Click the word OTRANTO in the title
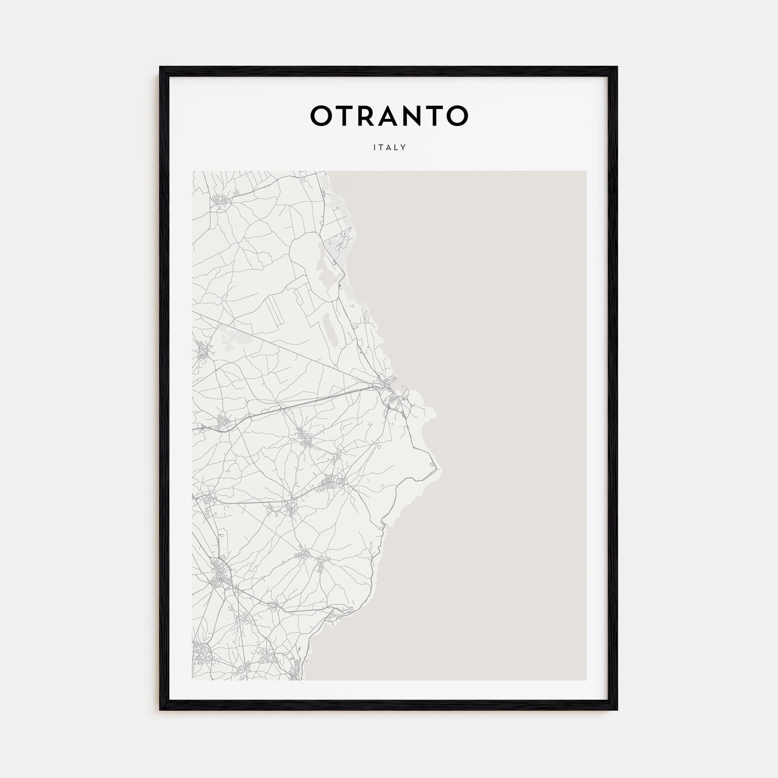pos(389,116)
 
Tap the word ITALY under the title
pos(389,147)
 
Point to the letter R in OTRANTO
pos(369,116)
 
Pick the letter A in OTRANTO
pos(393,116)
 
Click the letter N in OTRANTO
pos(418,116)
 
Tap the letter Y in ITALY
pos(403,147)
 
